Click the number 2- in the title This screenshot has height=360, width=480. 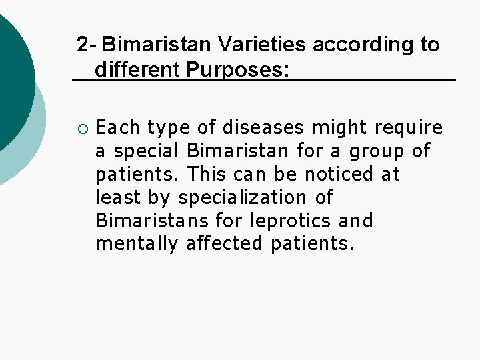click(x=87, y=45)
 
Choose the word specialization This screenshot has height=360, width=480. click(x=248, y=197)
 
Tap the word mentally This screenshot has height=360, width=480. click(x=137, y=244)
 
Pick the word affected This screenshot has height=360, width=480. click(x=225, y=244)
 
